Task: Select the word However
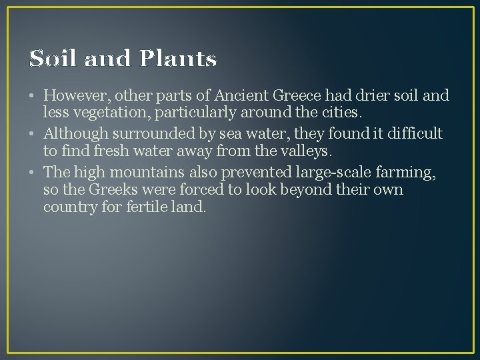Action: click(76, 95)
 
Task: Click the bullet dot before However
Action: click(34, 96)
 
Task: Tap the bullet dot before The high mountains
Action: click(34, 173)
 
